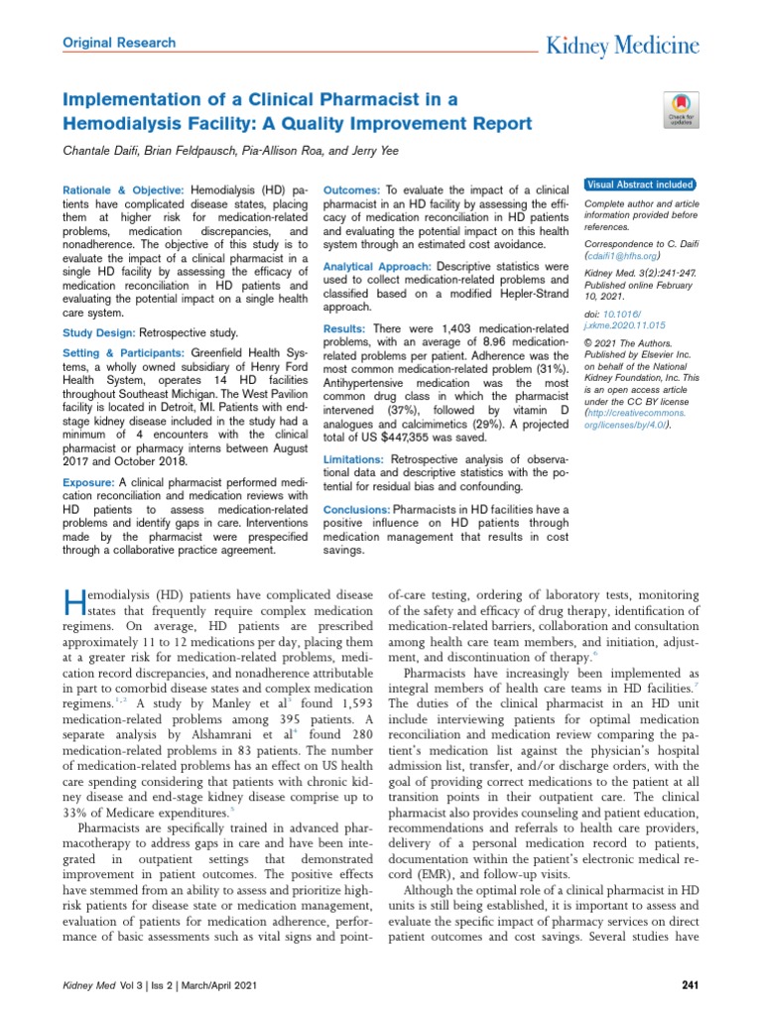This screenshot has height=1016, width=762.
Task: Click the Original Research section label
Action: tap(119, 43)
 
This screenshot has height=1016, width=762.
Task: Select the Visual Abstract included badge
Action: tap(640, 185)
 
